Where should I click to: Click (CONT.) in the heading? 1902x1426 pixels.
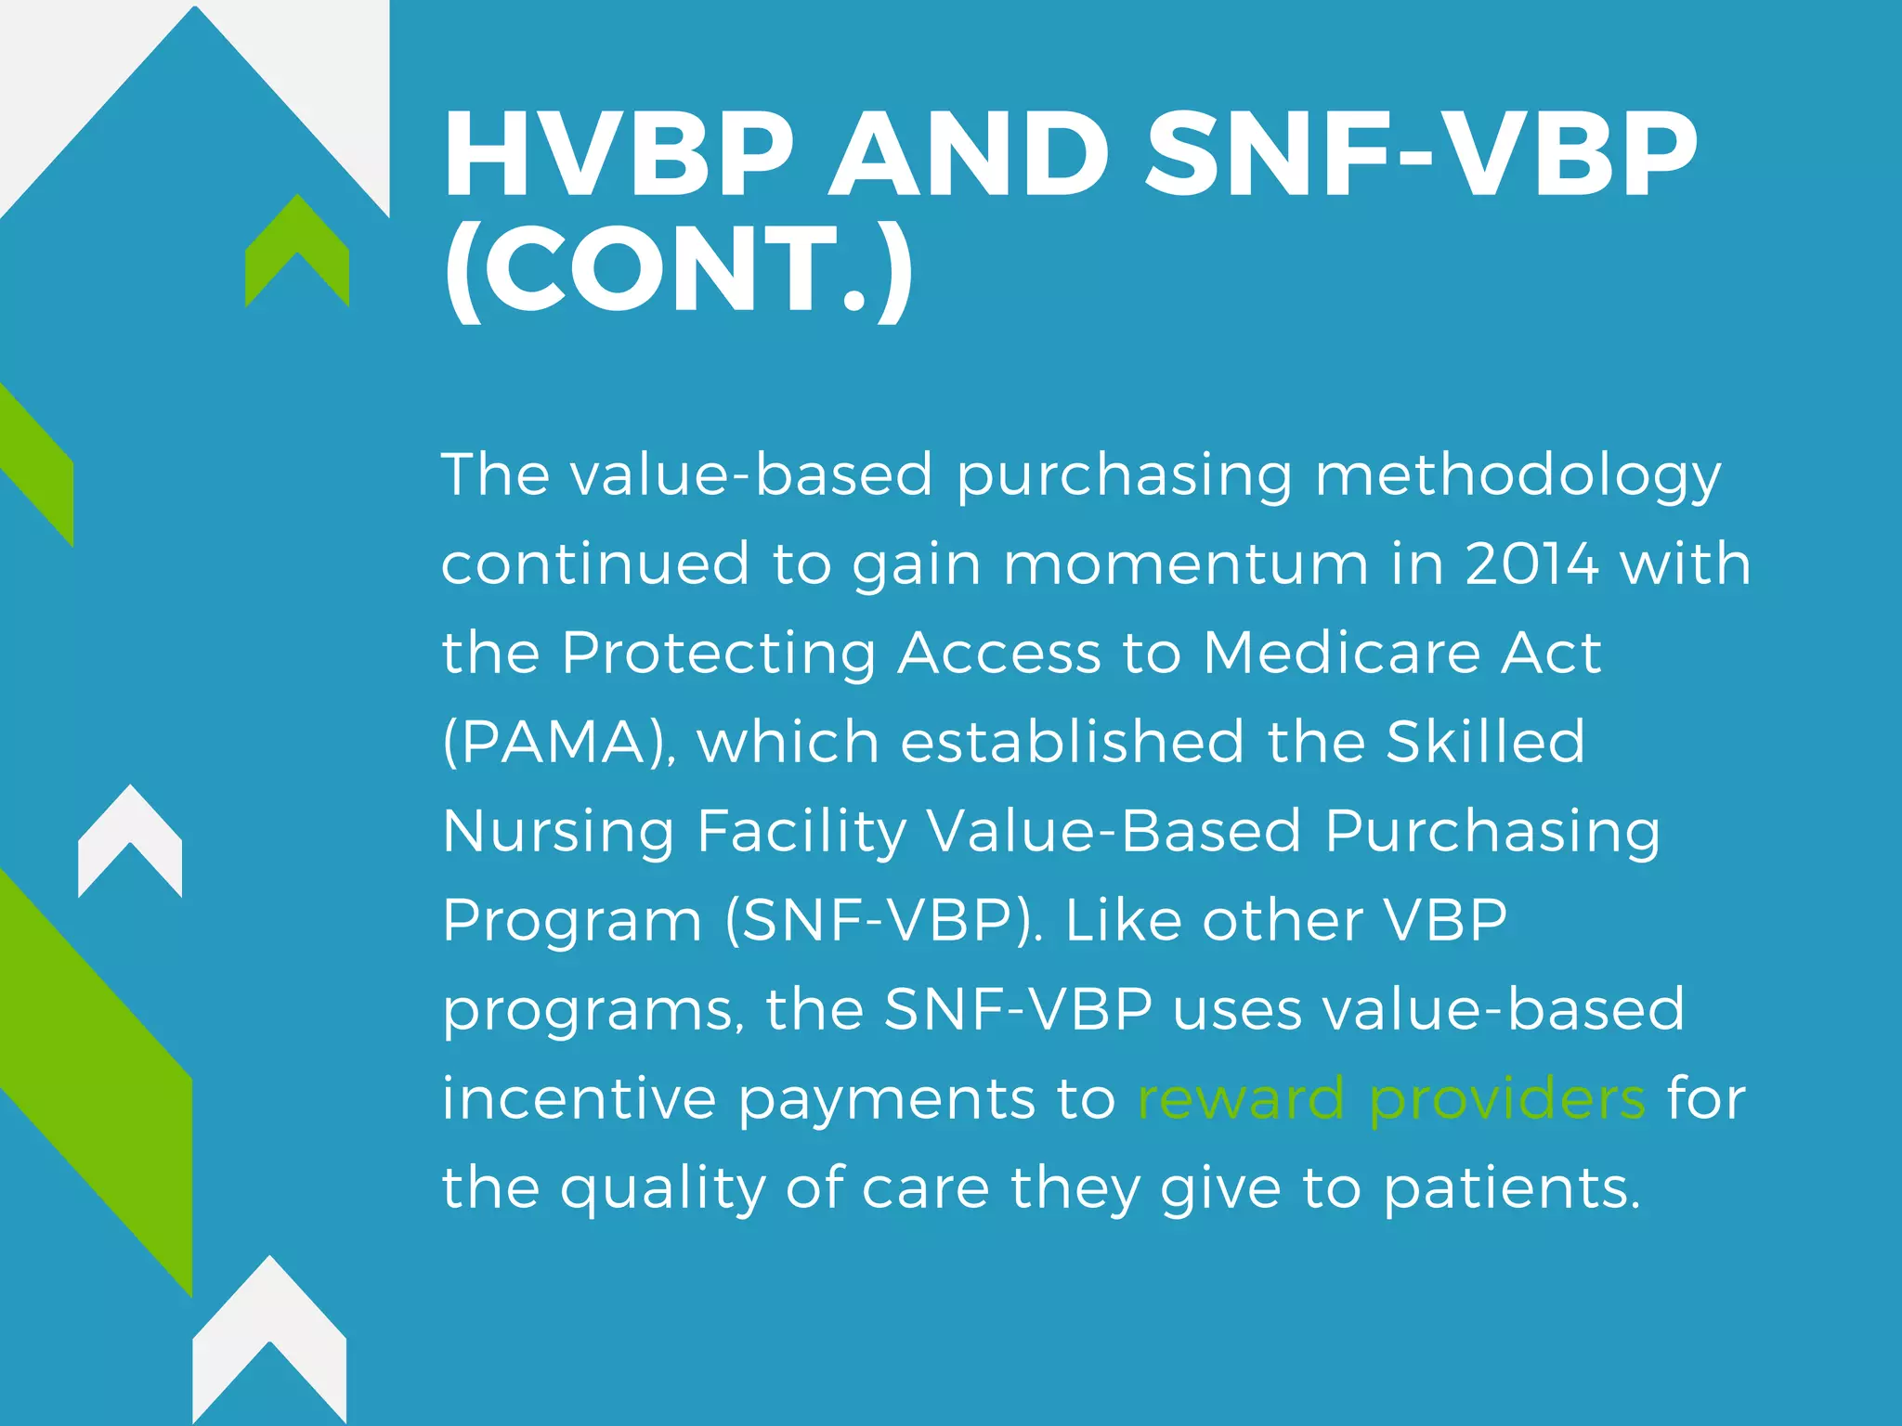679,268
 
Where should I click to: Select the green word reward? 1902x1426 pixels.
1241,1098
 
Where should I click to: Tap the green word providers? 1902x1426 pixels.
1507,1100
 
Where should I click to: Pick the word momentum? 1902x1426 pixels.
1186,564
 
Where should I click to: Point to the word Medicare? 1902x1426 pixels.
1341,653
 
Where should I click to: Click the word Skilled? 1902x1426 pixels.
1486,742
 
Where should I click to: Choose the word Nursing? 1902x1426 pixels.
558,832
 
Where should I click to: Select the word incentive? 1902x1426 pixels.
579,1098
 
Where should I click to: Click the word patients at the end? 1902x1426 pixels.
1512,1189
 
